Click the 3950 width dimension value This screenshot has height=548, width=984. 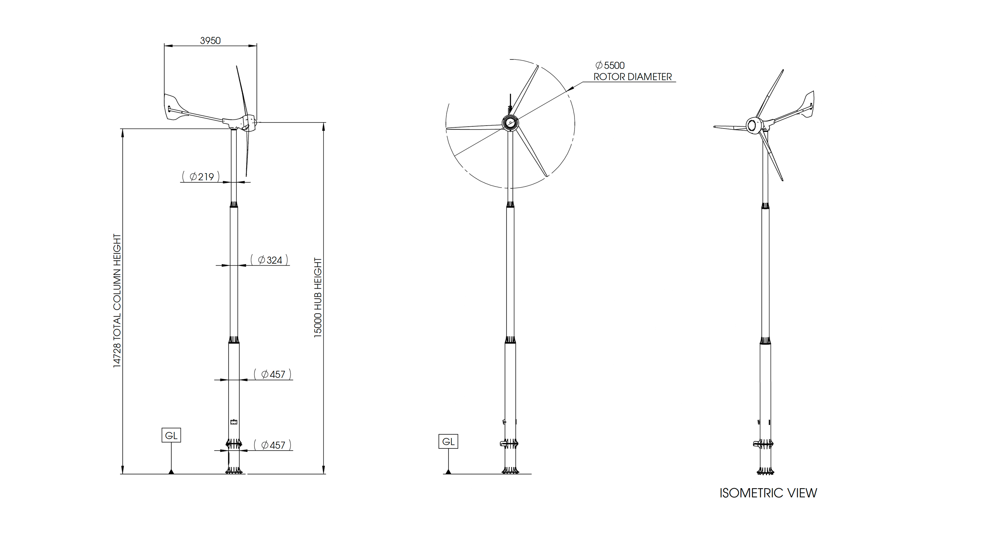(210, 40)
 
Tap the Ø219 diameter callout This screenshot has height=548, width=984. (201, 176)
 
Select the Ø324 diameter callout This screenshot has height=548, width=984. (269, 260)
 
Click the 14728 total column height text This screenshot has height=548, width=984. (117, 301)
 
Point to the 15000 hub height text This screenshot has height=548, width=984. (318, 298)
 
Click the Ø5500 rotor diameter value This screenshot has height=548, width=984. (610, 65)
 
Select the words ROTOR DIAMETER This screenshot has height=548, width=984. (632, 77)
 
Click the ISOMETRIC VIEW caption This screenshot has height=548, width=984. (768, 493)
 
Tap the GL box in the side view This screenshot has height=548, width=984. (171, 435)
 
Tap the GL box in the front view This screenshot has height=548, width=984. (448, 441)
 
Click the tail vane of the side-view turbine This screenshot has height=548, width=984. (172, 107)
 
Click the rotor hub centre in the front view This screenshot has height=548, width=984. (510, 123)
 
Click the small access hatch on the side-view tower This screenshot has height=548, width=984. (233, 422)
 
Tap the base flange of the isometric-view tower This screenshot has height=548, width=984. (765, 471)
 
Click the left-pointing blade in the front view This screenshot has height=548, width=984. (474, 127)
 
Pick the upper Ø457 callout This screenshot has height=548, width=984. (273, 374)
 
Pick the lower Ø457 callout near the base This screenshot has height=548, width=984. (273, 445)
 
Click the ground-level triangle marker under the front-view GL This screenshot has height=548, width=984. (448, 471)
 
